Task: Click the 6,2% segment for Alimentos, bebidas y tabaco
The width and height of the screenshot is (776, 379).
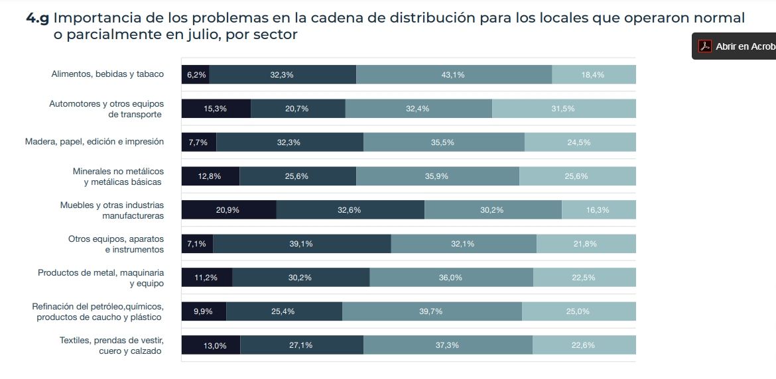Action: click(196, 75)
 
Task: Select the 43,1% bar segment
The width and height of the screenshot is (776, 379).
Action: click(453, 75)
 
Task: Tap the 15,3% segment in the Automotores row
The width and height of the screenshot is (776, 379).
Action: click(216, 109)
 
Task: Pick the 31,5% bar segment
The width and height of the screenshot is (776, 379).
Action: click(563, 109)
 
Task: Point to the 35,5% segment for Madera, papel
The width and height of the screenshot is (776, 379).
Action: click(443, 142)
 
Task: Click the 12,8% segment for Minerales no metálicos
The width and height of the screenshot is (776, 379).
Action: click(210, 176)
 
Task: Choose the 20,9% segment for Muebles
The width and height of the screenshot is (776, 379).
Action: click(228, 210)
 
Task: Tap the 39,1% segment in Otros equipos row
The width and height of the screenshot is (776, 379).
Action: click(301, 244)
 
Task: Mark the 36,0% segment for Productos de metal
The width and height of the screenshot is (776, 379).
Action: click(450, 278)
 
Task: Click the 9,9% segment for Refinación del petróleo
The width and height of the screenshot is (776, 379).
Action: click(204, 311)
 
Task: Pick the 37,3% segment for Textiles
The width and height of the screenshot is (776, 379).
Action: click(447, 345)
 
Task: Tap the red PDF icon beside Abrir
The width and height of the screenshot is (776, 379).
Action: click(704, 46)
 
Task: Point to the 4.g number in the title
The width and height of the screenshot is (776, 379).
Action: click(37, 18)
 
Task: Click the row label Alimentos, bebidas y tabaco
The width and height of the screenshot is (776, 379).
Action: click(107, 74)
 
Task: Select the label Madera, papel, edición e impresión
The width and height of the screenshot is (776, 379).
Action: click(94, 142)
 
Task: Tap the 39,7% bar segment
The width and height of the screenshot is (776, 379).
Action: click(431, 311)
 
